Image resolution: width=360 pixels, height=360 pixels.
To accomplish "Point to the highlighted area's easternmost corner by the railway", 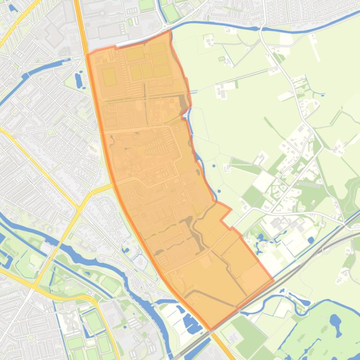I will [273, 281].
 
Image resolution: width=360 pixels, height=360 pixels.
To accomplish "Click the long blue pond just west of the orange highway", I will [78, 80].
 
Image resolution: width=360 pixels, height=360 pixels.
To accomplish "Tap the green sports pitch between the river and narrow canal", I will [110, 283].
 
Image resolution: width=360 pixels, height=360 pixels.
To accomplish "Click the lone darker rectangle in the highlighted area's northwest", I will [109, 76].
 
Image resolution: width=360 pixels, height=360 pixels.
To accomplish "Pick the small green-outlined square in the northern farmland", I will [222, 59].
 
